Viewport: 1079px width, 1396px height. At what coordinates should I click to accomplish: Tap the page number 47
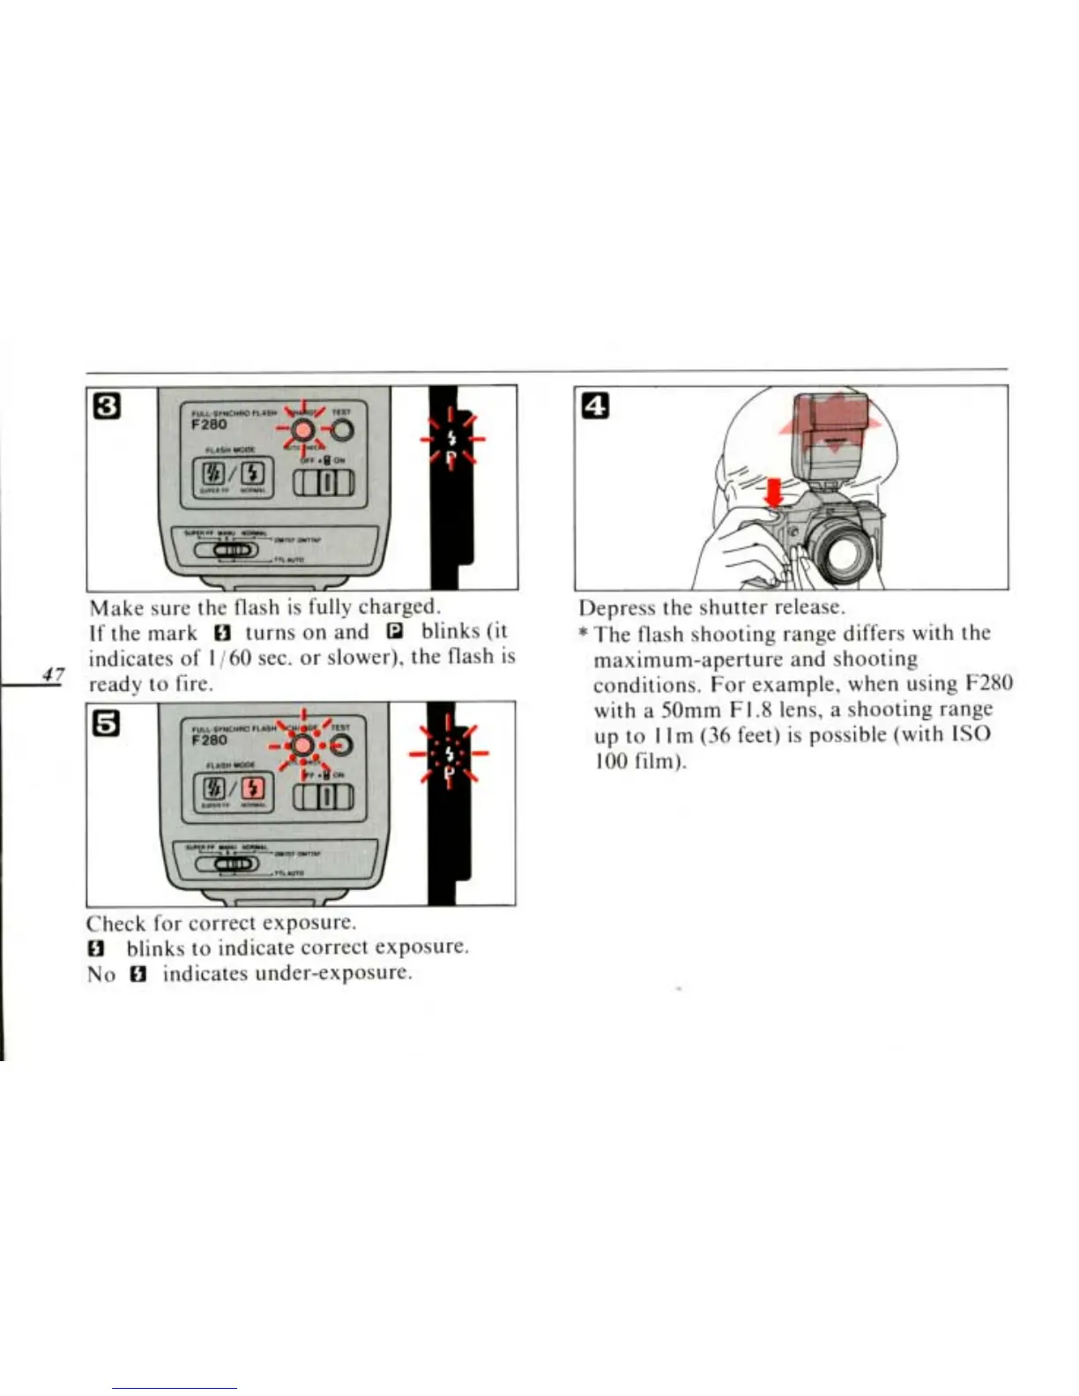(x=53, y=675)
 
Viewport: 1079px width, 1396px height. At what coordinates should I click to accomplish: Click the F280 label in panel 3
(x=209, y=424)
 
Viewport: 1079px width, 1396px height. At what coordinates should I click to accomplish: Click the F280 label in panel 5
(x=209, y=739)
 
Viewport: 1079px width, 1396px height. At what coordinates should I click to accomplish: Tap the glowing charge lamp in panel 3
(x=302, y=430)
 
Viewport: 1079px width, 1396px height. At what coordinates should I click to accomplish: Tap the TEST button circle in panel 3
(x=341, y=430)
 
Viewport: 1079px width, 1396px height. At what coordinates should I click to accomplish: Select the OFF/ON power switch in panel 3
(x=323, y=483)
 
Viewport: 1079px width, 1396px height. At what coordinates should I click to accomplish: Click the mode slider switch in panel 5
(x=227, y=865)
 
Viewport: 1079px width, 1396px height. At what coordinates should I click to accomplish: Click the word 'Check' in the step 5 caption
(x=115, y=924)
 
